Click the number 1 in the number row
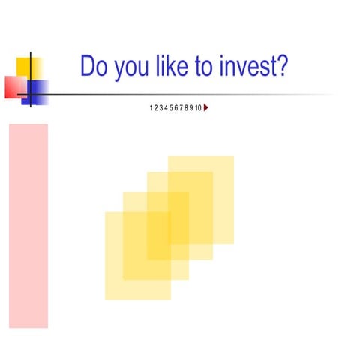[151, 108]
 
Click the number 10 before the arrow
[198, 108]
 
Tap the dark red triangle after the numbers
[206, 108]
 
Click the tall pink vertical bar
[28, 225]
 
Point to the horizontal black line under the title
[187, 94]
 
